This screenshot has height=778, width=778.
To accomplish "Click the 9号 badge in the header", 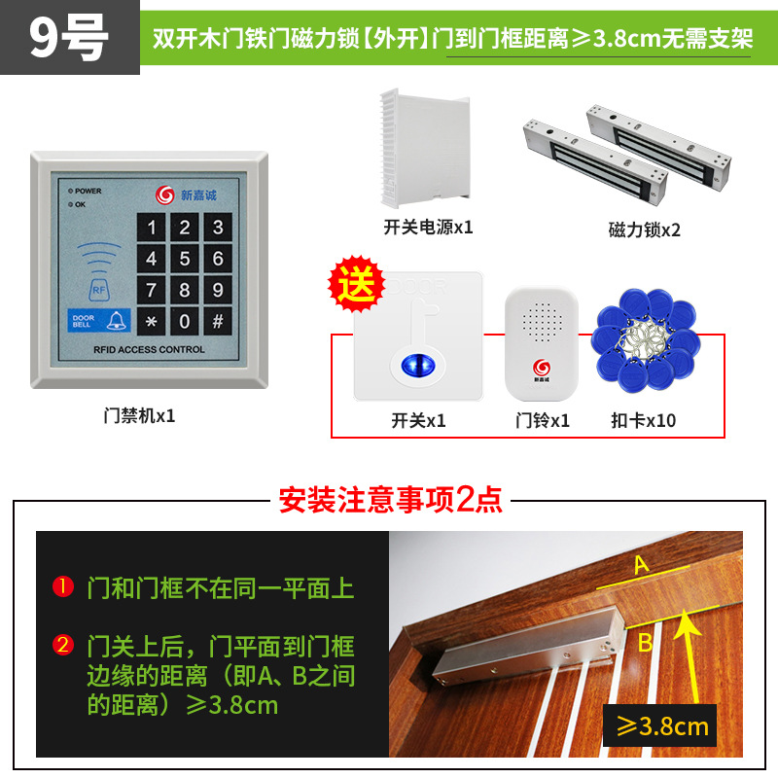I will [x=68, y=37].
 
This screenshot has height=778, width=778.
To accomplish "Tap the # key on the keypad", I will [x=218, y=320].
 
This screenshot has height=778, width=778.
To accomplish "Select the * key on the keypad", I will [x=152, y=320].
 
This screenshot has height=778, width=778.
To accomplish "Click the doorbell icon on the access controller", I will [x=116, y=320].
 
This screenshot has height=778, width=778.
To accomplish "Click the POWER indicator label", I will [x=88, y=192].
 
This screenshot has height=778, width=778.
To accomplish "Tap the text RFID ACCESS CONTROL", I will [x=149, y=349].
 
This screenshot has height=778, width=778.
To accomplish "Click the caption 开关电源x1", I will [x=428, y=228].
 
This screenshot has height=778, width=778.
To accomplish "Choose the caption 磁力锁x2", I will [x=645, y=230].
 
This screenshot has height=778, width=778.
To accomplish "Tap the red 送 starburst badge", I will [x=354, y=287].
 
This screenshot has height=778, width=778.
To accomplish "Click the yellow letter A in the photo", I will [x=641, y=564].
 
